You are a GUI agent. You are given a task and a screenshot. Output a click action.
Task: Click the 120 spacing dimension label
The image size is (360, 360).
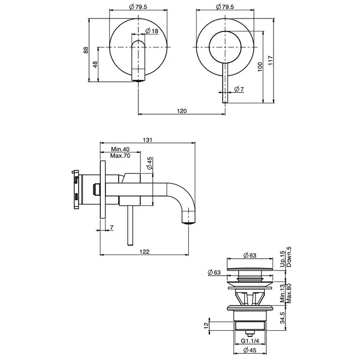coord(182,111)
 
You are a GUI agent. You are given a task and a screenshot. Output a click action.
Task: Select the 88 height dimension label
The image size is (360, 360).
coord(86,50)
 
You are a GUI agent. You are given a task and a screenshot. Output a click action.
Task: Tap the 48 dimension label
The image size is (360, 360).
coord(95,64)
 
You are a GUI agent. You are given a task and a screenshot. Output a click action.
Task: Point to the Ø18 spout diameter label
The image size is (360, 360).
coord(152,31)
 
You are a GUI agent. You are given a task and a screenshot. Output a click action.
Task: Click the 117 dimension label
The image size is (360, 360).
coord(271,60)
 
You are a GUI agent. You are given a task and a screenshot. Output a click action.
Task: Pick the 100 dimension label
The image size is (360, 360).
coord(260,67)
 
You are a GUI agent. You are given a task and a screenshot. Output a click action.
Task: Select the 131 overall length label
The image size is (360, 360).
coord(148,140)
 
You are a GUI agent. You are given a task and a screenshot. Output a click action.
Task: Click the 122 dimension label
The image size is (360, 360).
coord(145,251)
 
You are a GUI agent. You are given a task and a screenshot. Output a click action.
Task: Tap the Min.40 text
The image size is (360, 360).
coord(120,149)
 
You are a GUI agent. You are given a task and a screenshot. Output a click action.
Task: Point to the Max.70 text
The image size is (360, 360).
coord(120,156)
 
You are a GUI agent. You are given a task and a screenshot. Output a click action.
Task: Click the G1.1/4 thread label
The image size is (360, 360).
coord(250,341)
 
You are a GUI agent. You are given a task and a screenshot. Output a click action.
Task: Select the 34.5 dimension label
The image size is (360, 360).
coord(282,317)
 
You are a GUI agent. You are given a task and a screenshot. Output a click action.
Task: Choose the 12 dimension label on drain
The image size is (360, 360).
coord(206,325)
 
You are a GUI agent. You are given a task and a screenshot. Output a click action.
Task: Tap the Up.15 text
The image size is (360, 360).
coord(282,259)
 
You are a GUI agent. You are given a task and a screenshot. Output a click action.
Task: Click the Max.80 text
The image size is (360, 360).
coord(289,294)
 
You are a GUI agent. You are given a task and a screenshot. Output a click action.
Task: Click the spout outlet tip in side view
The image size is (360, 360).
coord(189,222)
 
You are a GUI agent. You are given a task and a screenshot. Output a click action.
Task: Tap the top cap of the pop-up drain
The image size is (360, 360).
coord(250,269)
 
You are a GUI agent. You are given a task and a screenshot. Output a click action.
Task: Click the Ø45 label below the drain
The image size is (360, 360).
coord(250,350)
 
